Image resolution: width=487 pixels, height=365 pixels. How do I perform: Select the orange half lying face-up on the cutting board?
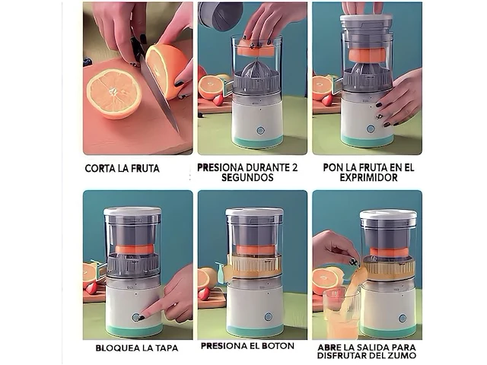click(x=113, y=92)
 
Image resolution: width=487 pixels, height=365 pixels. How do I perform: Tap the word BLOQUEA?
click(x=116, y=348)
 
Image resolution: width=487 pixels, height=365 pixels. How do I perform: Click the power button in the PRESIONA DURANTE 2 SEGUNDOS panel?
click(x=260, y=130)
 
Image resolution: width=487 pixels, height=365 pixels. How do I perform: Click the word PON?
click(x=333, y=167)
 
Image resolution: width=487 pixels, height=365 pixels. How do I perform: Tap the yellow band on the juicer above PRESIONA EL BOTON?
click(x=253, y=265)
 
